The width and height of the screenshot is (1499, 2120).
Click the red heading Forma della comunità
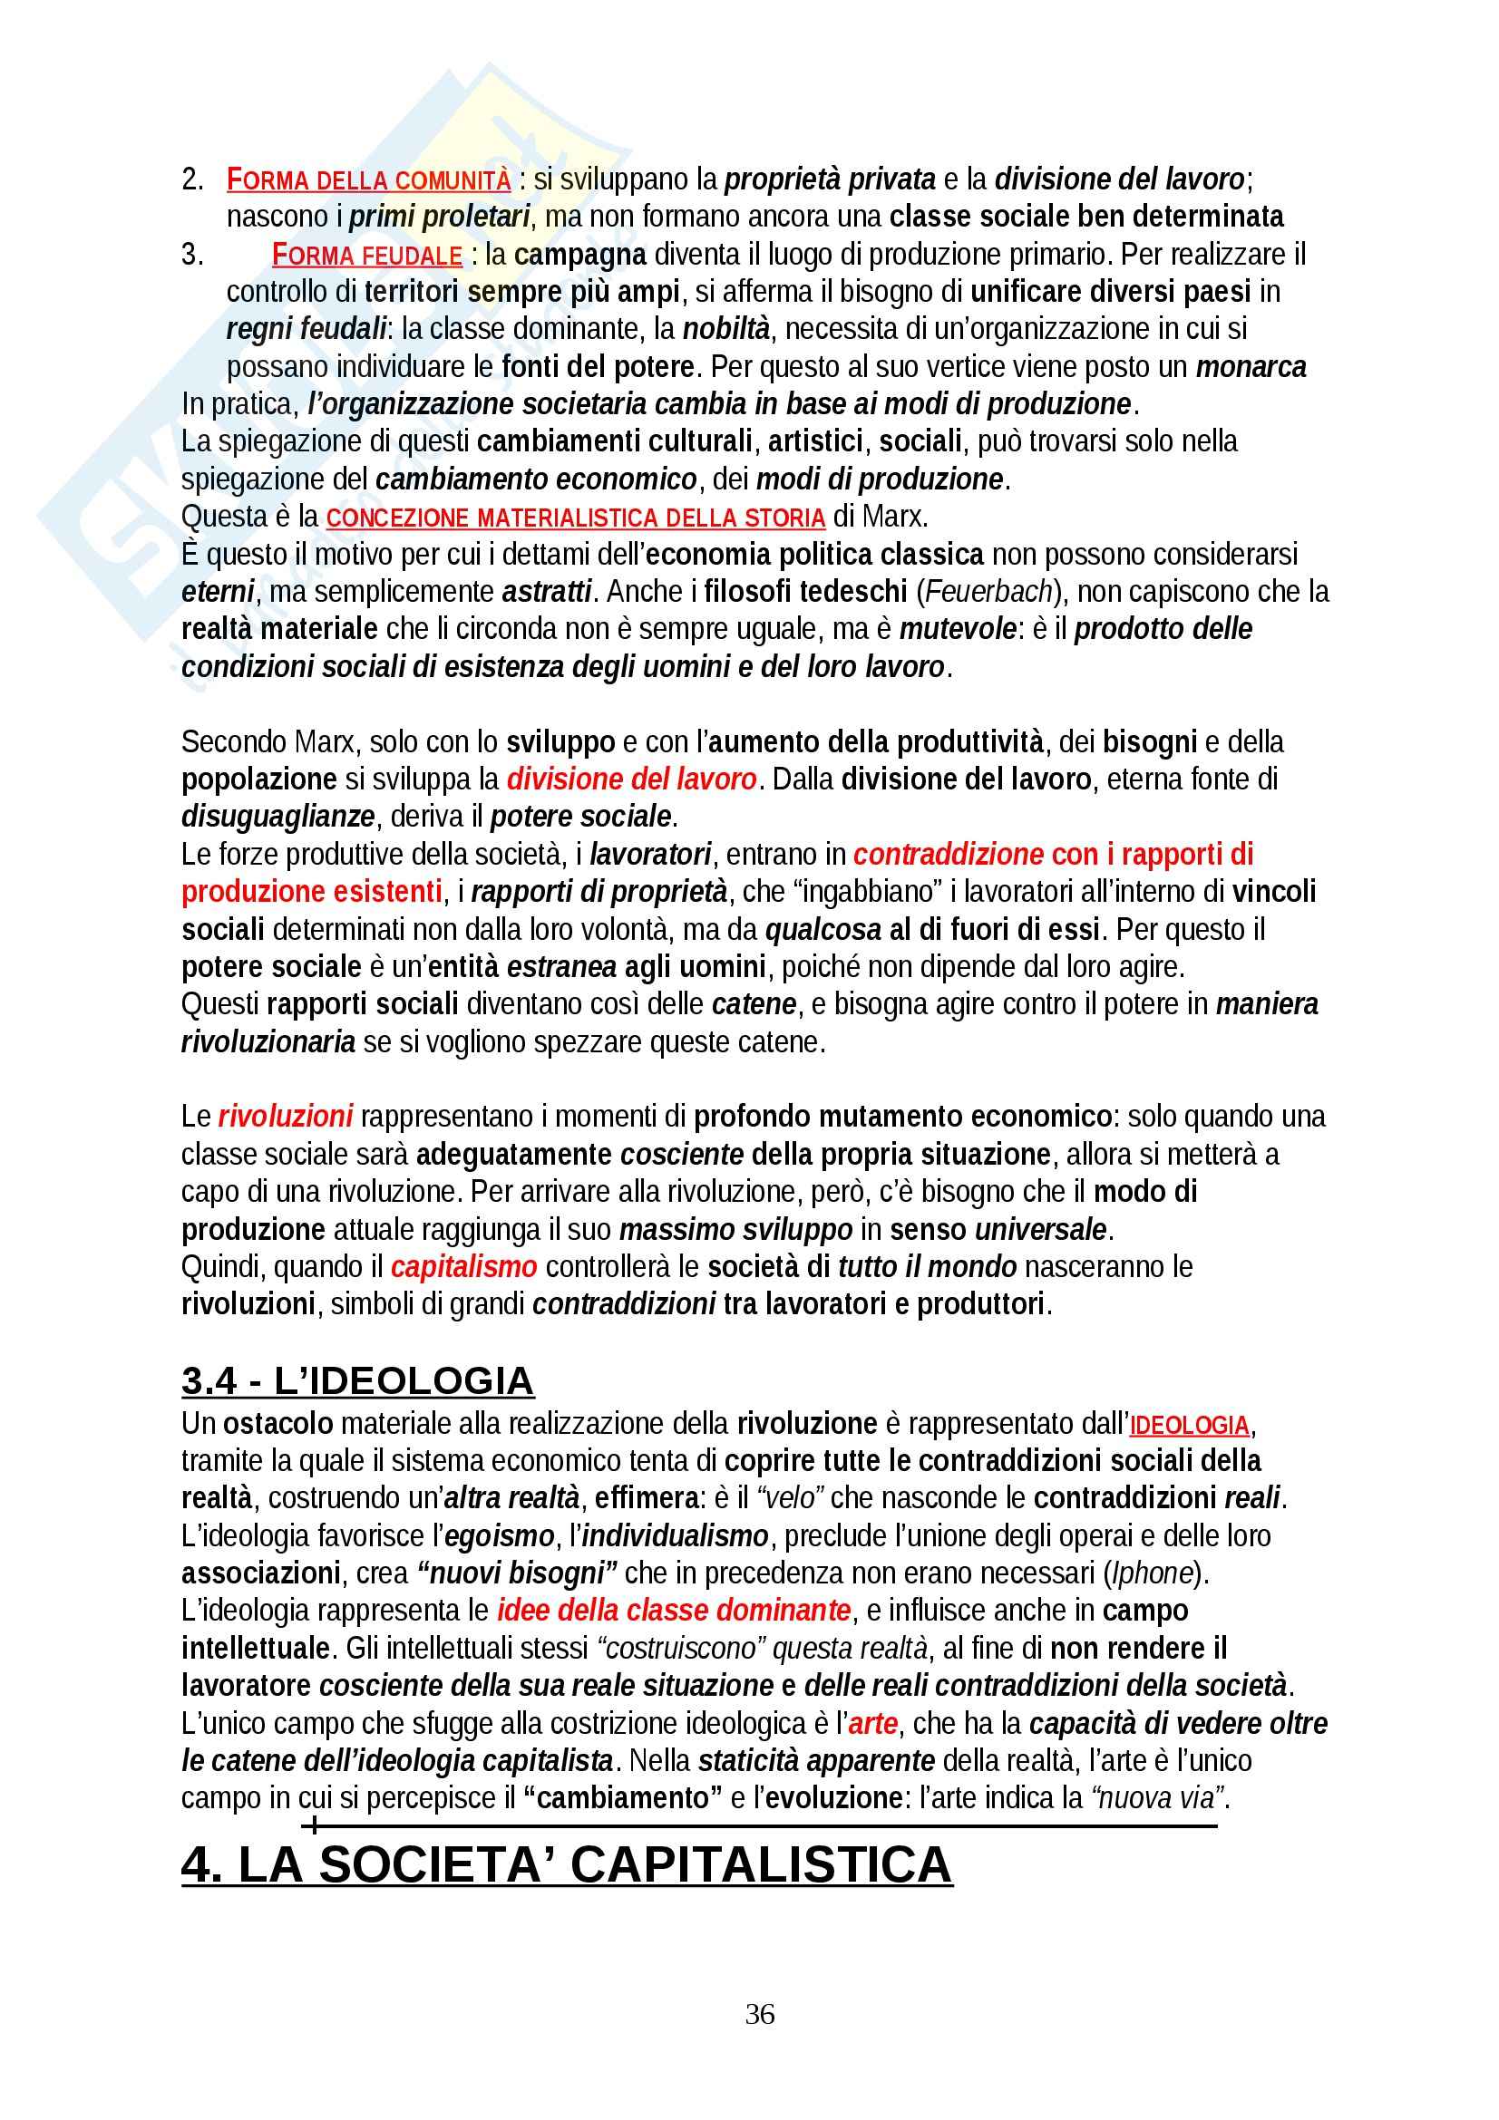(x=368, y=179)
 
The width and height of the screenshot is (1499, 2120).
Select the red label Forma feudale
(x=366, y=255)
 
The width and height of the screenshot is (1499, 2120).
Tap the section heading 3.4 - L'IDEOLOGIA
(x=357, y=1380)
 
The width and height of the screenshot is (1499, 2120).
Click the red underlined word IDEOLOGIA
(x=1189, y=1426)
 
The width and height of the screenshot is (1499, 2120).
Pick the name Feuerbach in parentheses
(x=989, y=592)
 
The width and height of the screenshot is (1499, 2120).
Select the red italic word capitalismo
(x=463, y=1266)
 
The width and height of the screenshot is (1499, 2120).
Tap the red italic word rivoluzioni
(x=286, y=1118)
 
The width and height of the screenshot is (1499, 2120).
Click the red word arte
(x=872, y=1723)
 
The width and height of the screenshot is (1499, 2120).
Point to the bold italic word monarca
(x=1251, y=367)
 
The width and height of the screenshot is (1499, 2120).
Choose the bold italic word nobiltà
(x=726, y=330)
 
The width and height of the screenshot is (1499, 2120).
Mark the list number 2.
(x=192, y=180)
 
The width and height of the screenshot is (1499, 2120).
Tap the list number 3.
(x=192, y=255)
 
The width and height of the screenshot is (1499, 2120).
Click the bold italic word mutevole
(x=958, y=630)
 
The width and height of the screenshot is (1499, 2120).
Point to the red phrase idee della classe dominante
(x=673, y=1611)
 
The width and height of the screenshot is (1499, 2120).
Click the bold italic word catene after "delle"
(x=754, y=1004)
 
